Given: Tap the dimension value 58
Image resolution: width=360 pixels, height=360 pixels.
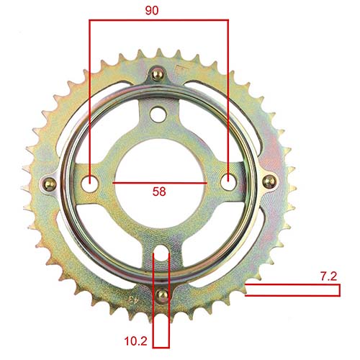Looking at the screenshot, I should click(x=160, y=192).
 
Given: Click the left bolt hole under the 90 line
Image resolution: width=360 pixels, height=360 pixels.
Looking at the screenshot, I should click(x=90, y=183).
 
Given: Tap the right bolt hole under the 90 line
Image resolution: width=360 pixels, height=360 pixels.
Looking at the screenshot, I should click(x=228, y=182).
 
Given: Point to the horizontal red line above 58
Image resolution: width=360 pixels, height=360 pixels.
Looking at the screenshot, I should click(x=160, y=184).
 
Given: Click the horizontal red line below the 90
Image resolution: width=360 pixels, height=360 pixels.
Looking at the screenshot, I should click(x=158, y=20).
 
